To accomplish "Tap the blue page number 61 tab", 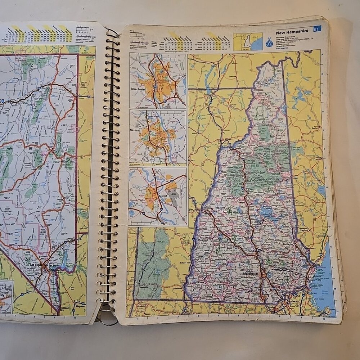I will (317, 29).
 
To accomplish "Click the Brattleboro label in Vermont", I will (176, 288).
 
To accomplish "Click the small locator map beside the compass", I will (247, 41).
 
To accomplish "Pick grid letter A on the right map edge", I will (322, 54).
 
